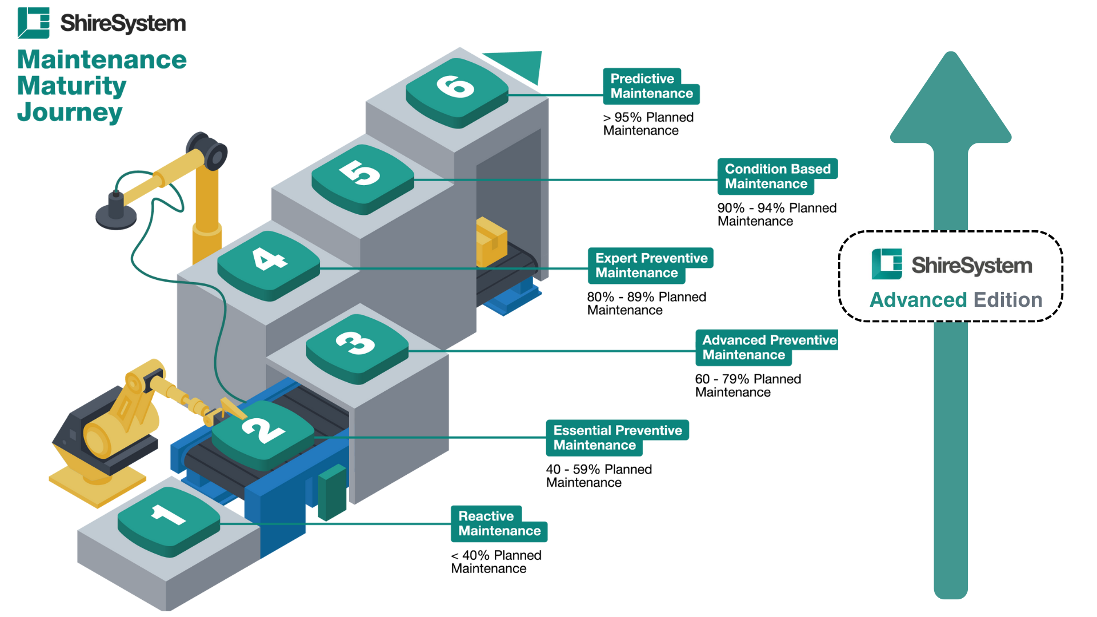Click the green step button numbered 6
coord(457,91)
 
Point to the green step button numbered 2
coord(263,434)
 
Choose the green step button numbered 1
coord(169,520)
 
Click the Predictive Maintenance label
coord(651,86)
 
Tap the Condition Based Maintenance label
coord(776,177)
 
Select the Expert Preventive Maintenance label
coord(650,266)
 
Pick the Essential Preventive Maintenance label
coord(617,438)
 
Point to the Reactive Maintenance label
coord(499,523)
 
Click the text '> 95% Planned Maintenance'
coord(648,124)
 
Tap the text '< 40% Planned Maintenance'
coord(496,562)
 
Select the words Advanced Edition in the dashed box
coord(956,300)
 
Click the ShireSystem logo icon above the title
coord(33,23)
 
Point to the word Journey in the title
coord(70,112)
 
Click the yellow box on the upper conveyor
coord(491,242)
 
